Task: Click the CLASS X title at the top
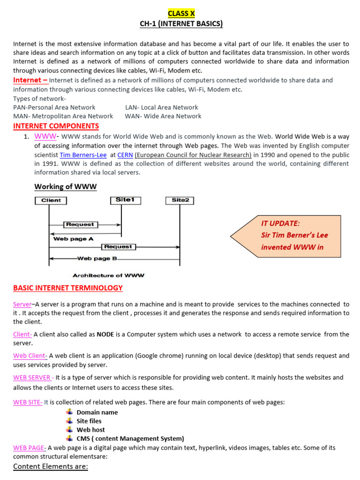pos(181,14)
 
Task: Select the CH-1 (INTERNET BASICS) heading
pos(181,24)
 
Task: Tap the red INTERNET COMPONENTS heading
pos(56,126)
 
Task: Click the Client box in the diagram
pos(51,200)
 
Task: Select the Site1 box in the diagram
pos(125,200)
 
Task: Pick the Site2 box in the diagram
pos(180,200)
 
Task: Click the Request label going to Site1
pos(80,225)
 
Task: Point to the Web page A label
pos(73,239)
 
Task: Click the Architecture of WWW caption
pos(109,275)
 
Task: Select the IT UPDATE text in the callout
pos(280,223)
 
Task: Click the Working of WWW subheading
pos(66,187)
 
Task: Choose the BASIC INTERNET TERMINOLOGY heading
pos(67,288)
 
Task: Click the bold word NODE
pos(105,334)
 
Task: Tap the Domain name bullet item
pos(97,412)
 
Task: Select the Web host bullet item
pos(90,429)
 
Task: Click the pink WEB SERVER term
pos(32,377)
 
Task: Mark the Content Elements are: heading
pos(51,466)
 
